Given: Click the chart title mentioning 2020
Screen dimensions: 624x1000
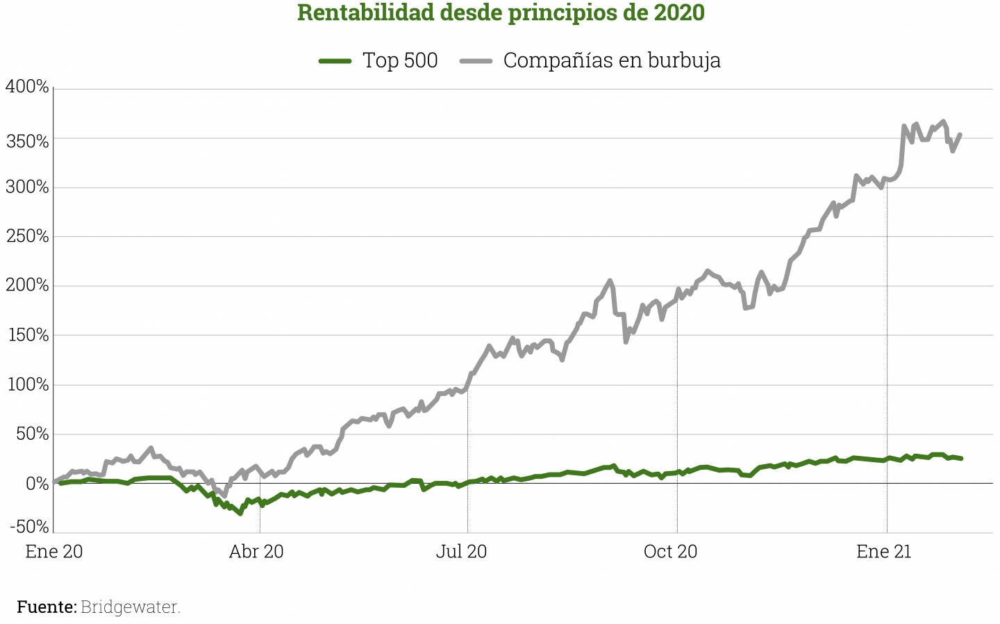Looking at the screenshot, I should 501,13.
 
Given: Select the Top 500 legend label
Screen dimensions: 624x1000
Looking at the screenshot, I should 400,60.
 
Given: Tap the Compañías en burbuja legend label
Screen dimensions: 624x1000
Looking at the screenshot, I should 612,60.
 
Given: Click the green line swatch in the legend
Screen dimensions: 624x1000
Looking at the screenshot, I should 335,60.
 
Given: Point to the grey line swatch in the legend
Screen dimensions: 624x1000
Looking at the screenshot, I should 476,60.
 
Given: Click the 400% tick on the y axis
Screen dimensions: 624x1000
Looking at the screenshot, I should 27,87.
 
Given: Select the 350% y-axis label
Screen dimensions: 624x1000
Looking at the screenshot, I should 27,141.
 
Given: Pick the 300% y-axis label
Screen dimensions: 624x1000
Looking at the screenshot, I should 27,187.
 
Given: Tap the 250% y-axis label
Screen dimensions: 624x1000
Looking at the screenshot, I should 27,236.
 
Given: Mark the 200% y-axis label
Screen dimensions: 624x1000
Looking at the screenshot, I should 27,285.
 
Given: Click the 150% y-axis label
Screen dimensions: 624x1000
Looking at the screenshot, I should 27,335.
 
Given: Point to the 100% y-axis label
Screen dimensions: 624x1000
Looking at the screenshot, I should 27,384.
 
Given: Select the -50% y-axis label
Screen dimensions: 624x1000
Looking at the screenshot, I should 29,526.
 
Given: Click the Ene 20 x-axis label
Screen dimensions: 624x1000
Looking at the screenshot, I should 53,552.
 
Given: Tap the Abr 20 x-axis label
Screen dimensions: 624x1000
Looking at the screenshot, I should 256,552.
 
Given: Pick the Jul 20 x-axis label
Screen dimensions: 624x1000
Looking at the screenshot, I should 461,552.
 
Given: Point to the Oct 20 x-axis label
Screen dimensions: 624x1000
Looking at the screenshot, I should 670,552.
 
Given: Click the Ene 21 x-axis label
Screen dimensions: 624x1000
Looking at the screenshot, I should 883,552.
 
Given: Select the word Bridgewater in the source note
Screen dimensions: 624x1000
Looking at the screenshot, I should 131,607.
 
